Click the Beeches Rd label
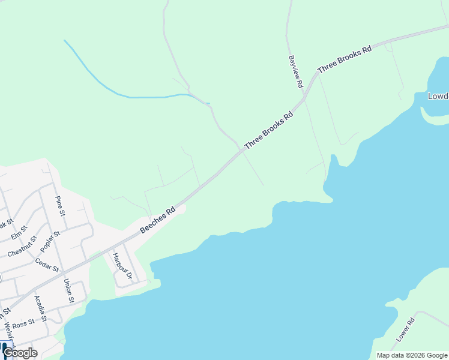click(157, 220)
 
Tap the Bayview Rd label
click(295, 72)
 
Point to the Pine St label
click(60, 206)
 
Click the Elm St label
click(19, 232)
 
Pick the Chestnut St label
click(22, 247)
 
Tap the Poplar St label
click(50, 242)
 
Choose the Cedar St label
click(47, 264)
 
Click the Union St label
click(68, 291)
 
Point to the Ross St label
click(23, 325)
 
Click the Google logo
click(20, 353)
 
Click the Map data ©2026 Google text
click(412, 355)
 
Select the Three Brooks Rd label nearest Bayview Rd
click(345, 59)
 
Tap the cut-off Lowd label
click(438, 96)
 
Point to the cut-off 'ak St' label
click(6, 225)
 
